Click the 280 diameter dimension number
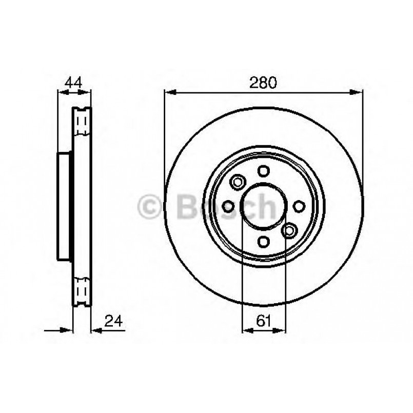coord(263,82)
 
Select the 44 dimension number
coord(73,82)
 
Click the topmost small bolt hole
coord(263,171)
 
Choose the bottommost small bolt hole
coord(263,241)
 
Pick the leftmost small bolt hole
coord(228,206)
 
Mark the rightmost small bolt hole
coord(299,206)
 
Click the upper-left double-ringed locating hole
coord(238,181)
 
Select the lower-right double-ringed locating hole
coord(289,231)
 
